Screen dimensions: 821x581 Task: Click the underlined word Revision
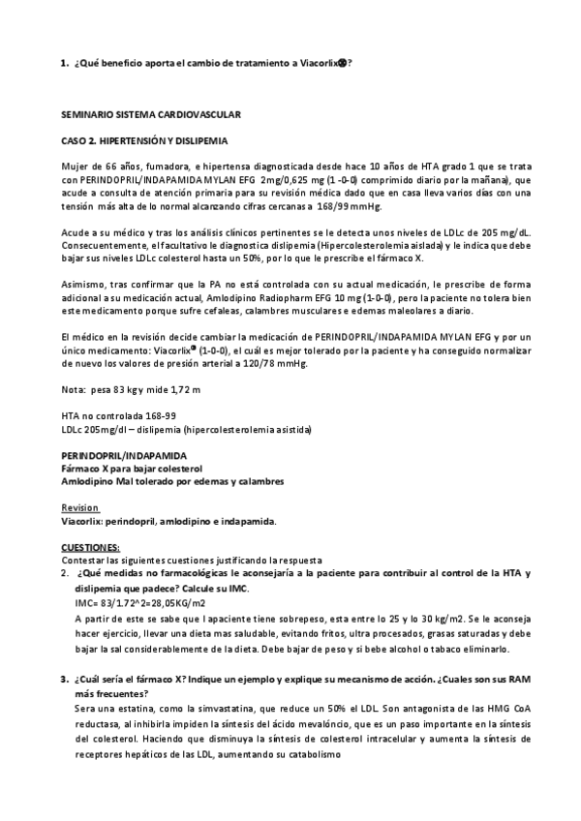tap(79, 507)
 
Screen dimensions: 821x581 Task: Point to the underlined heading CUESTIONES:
tap(90, 547)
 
